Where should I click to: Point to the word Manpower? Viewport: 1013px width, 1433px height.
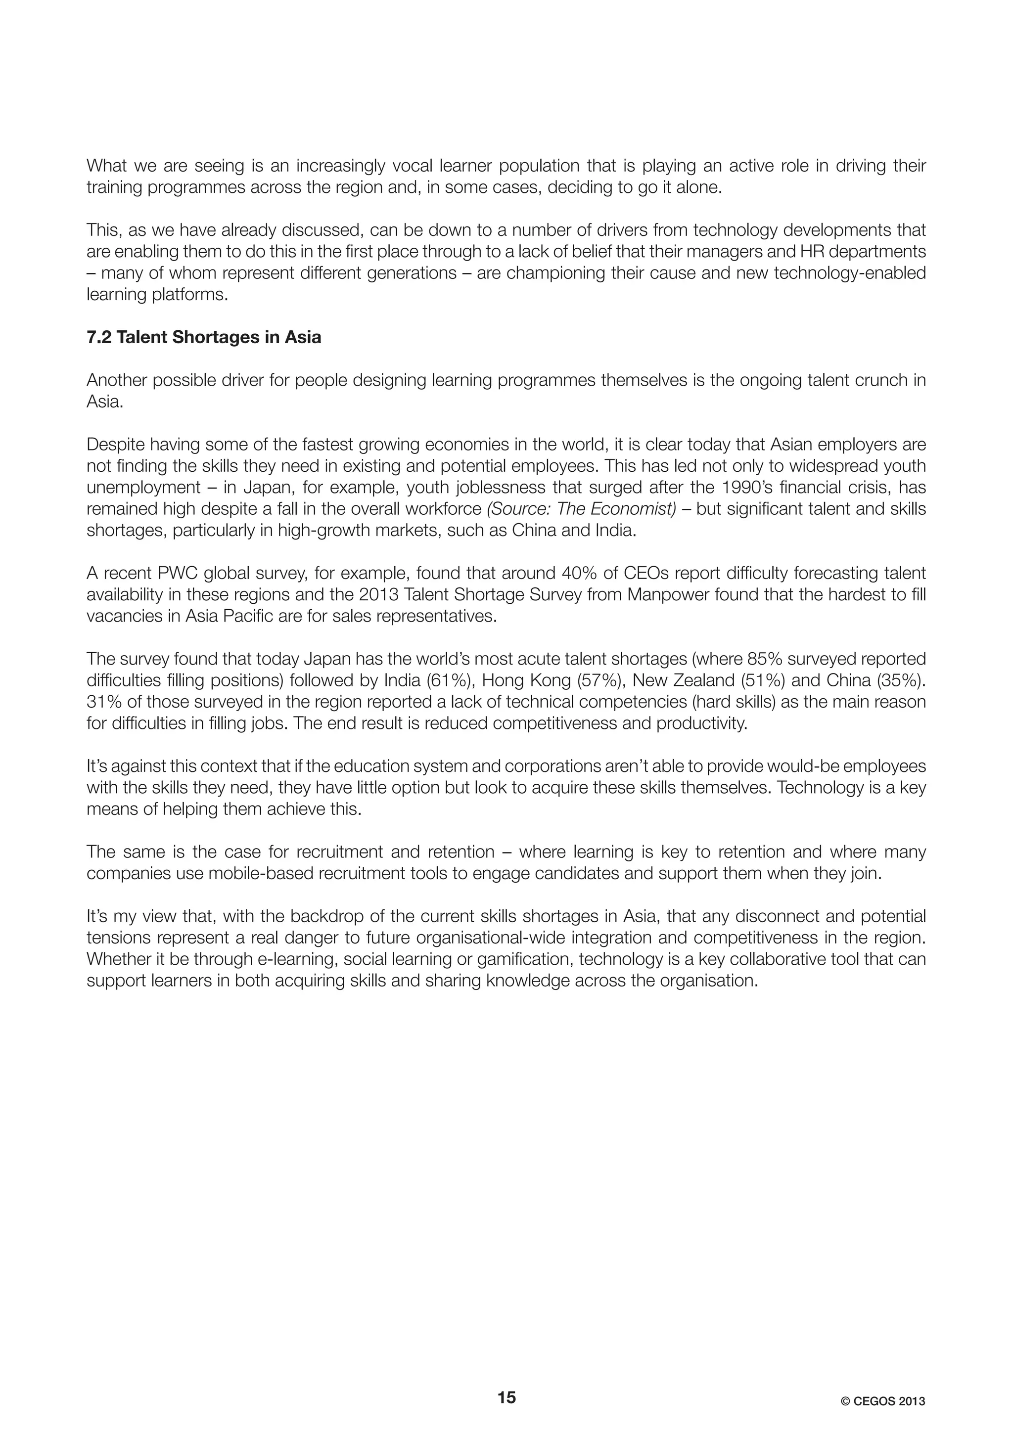(x=668, y=595)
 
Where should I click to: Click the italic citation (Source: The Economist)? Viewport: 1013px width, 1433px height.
(x=581, y=509)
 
